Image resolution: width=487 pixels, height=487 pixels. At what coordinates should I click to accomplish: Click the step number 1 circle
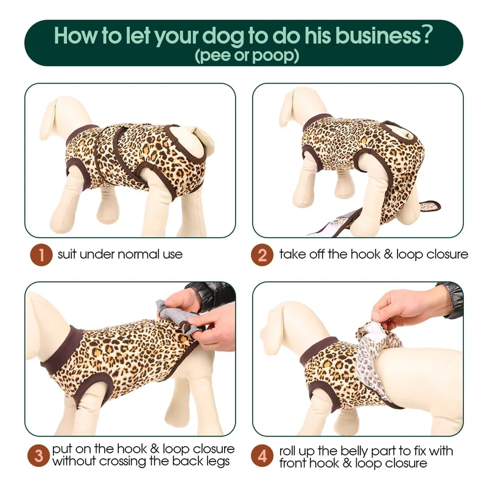pyautogui.click(x=41, y=254)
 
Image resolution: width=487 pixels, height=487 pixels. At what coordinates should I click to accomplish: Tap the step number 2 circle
pyautogui.click(x=262, y=254)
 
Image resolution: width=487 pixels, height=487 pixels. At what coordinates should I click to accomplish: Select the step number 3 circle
pyautogui.click(x=38, y=455)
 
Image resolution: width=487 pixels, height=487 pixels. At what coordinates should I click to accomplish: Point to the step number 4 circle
pyautogui.click(x=262, y=455)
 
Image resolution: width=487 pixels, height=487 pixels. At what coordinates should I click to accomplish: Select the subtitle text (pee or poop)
pyautogui.click(x=247, y=55)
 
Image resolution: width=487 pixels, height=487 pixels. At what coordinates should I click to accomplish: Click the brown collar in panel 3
pyautogui.click(x=62, y=349)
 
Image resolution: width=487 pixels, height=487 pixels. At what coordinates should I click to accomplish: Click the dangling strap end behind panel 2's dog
pyautogui.click(x=431, y=205)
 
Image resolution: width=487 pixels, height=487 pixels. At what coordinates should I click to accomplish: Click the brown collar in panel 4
pyautogui.click(x=318, y=351)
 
